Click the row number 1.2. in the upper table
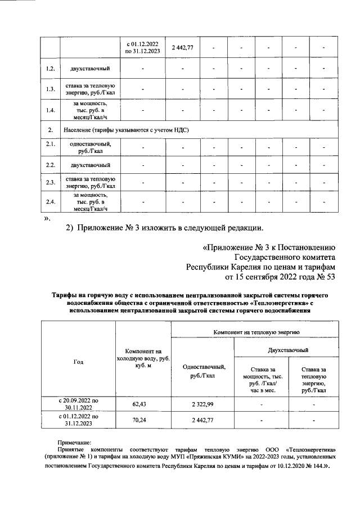tap(51, 69)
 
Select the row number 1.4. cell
tap(51, 111)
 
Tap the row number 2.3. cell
tap(51, 182)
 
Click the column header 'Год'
tap(79, 362)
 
